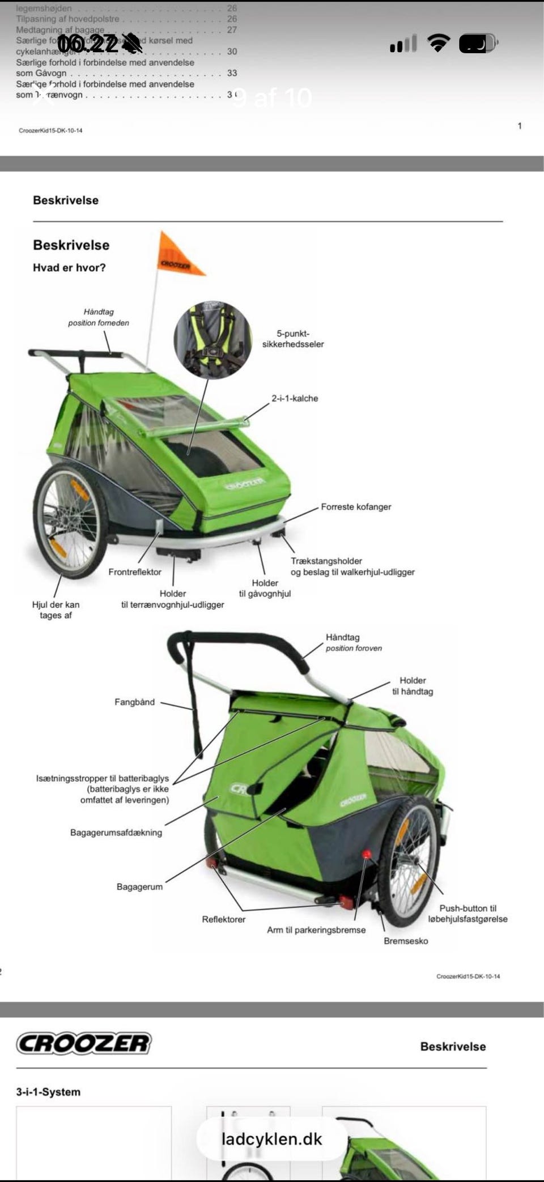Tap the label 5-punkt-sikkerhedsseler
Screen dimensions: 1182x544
(292, 339)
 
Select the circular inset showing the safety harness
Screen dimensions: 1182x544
(212, 340)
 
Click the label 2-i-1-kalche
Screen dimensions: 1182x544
(295, 398)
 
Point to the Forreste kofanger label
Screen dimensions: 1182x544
(356, 507)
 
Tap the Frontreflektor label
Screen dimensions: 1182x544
(135, 572)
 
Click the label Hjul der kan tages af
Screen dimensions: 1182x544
(56, 610)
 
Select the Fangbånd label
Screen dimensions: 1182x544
(134, 702)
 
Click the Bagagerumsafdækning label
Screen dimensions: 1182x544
(116, 833)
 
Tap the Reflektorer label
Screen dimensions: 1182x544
(224, 919)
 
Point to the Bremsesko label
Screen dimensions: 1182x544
(406, 941)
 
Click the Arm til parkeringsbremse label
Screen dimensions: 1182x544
(316, 930)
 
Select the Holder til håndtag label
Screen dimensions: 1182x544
(413, 686)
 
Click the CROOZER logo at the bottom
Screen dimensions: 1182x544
(84, 1043)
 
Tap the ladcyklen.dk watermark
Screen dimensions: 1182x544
(271, 1139)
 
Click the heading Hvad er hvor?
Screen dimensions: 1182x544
(69, 268)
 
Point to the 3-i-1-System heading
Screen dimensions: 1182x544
(48, 1092)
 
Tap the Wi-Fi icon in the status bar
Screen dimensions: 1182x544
(438, 43)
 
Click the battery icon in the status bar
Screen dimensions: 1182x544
(478, 43)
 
